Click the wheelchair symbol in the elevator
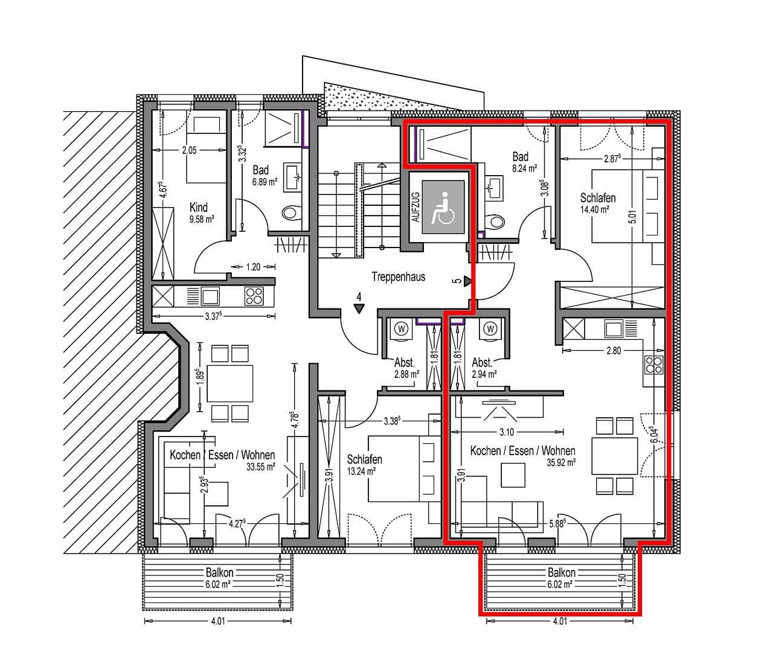pyautogui.click(x=444, y=208)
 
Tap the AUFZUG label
pyautogui.click(x=415, y=208)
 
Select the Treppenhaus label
pyautogui.click(x=398, y=277)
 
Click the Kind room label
pyautogui.click(x=199, y=207)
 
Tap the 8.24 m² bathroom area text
pyautogui.click(x=524, y=169)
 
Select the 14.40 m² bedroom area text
pyautogui.click(x=594, y=209)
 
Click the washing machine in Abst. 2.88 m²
pyautogui.click(x=401, y=329)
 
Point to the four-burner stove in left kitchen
pyautogui.click(x=254, y=296)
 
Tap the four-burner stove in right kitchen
pyautogui.click(x=653, y=364)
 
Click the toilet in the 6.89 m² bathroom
pyautogui.click(x=290, y=213)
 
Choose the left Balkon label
pyautogui.click(x=219, y=572)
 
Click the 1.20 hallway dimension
pyautogui.click(x=254, y=266)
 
